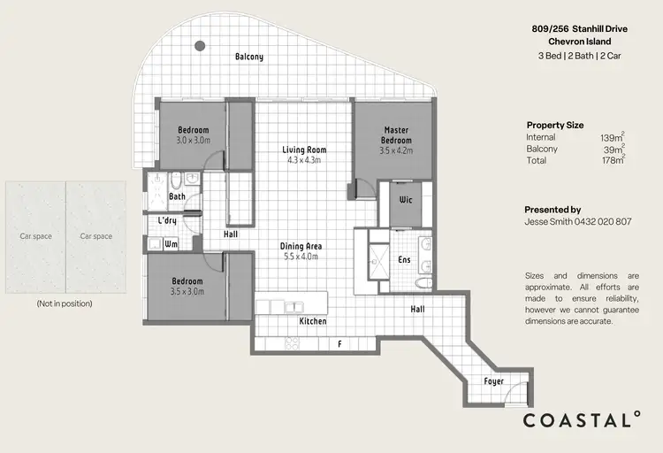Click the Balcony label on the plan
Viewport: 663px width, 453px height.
pyautogui.click(x=248, y=58)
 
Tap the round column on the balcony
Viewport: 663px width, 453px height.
pyautogui.click(x=200, y=45)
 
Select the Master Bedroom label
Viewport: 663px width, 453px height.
pyautogui.click(x=397, y=135)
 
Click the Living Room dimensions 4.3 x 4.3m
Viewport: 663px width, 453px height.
pyautogui.click(x=304, y=161)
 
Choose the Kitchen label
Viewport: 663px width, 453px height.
pyautogui.click(x=313, y=321)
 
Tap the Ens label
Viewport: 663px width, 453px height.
pyautogui.click(x=404, y=260)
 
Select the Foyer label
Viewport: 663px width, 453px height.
pyautogui.click(x=494, y=382)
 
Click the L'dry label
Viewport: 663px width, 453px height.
pyautogui.click(x=168, y=220)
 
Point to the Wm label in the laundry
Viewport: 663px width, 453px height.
pyautogui.click(x=171, y=242)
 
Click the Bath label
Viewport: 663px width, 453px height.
pyautogui.click(x=177, y=196)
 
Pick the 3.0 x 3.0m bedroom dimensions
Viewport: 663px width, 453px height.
pyautogui.click(x=192, y=141)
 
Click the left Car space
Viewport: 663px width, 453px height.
pyautogui.click(x=36, y=236)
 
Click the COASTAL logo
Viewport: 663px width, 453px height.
pyautogui.click(x=581, y=419)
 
